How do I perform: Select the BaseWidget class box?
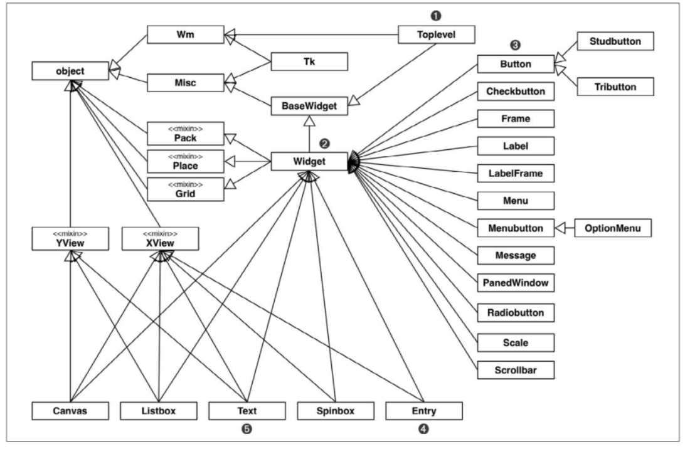pos(309,107)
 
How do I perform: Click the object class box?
pos(70,71)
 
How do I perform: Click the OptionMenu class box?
pos(614,228)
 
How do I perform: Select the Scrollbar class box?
pos(515,370)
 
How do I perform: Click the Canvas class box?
pos(70,411)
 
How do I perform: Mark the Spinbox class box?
pos(336,411)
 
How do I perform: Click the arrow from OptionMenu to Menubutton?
pos(565,228)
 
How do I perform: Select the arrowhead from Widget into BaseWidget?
pos(309,120)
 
